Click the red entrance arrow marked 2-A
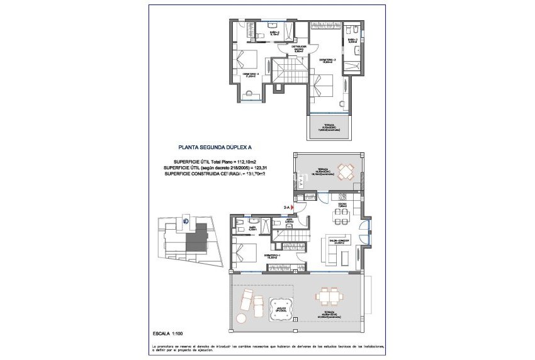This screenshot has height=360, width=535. (x=293, y=207)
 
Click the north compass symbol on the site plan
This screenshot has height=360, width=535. (x=186, y=220)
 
